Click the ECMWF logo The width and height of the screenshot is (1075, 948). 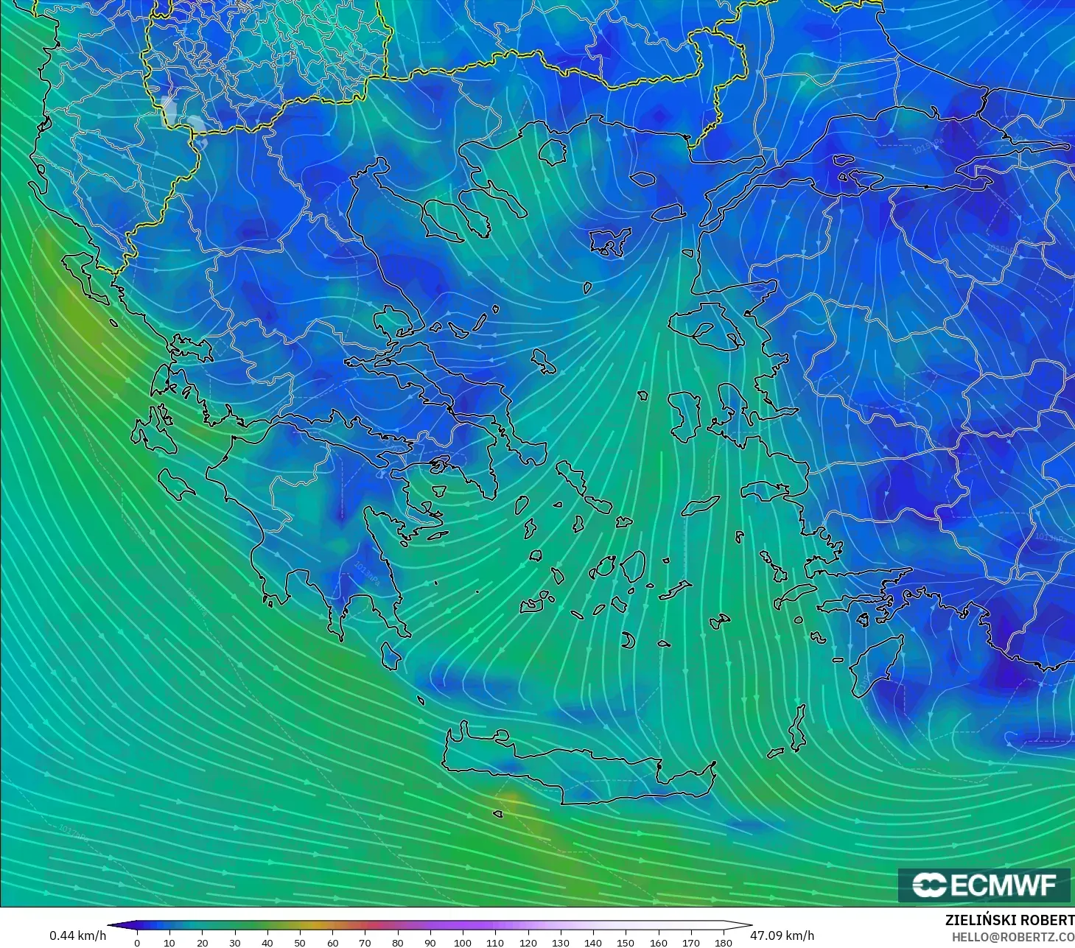984,885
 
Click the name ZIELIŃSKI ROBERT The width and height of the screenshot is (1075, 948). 1009,920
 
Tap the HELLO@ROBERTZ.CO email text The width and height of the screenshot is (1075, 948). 1012,935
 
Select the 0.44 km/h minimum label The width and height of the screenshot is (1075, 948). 77,935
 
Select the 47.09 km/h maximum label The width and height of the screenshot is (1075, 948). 782,935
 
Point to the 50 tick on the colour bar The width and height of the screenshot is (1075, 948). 300,942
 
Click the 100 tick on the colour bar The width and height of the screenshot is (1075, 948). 463,942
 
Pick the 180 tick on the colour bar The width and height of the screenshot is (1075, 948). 724,942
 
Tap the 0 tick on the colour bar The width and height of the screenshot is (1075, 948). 137,942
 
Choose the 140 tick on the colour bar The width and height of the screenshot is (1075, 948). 593,942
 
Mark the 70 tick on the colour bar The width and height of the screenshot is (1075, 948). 365,942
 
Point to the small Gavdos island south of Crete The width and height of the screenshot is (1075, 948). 498,814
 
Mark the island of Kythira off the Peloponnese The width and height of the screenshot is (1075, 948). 391,656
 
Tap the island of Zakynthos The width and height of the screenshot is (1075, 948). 177,482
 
